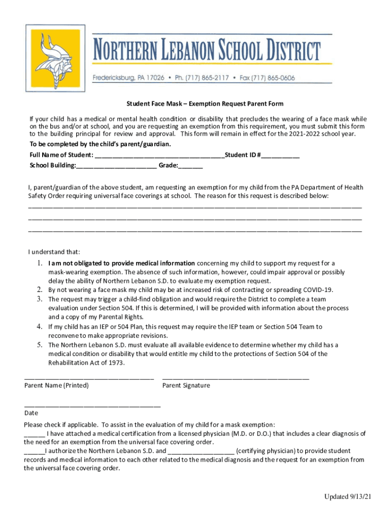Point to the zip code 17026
point(153,78)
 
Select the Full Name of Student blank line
point(159,156)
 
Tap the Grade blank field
point(190,166)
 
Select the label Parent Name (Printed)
point(56,385)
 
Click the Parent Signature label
point(186,385)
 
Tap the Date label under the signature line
point(31,413)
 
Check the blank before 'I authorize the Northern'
point(34,451)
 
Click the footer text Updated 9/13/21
point(348,497)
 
